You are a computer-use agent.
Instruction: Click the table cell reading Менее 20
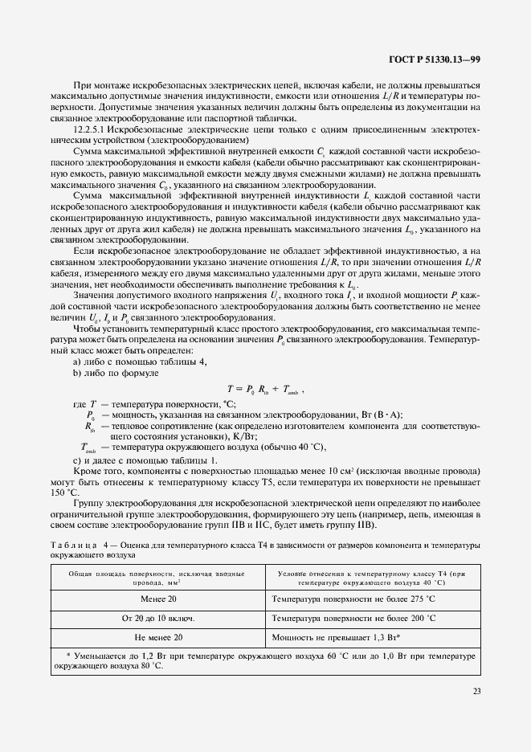[x=159, y=599]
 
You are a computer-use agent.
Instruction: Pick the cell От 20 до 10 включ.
[x=158, y=619]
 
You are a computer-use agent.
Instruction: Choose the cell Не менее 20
[x=159, y=637]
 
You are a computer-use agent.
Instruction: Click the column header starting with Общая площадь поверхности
[x=158, y=578]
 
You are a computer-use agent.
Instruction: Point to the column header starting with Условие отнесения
[x=372, y=578]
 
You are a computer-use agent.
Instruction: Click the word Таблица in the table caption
[x=74, y=546]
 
